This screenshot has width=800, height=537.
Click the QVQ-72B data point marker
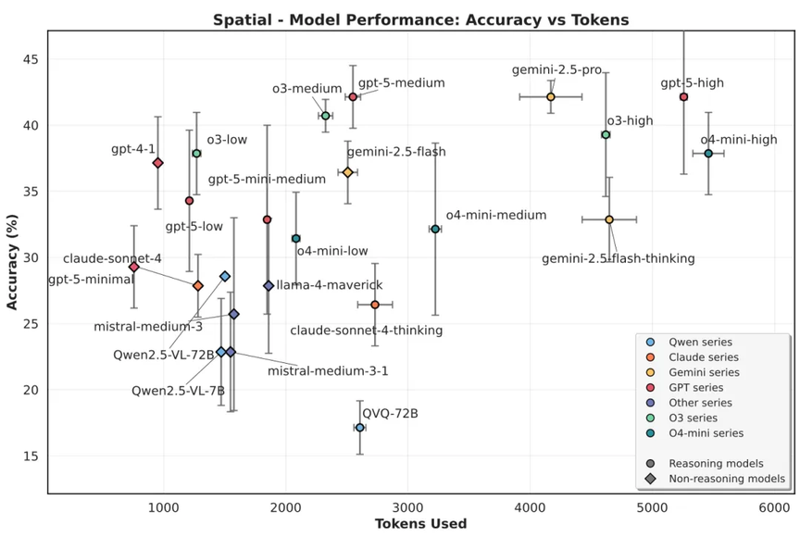click(x=359, y=427)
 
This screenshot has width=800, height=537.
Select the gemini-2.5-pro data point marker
click(x=550, y=96)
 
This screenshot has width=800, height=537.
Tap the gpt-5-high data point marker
click(x=683, y=96)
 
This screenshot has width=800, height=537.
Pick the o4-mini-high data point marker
click(x=708, y=154)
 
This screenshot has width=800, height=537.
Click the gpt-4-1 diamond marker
click(x=157, y=162)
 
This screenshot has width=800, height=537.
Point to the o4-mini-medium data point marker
click(x=435, y=229)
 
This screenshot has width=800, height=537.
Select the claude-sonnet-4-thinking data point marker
click(x=375, y=305)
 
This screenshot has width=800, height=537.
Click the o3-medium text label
click(x=306, y=89)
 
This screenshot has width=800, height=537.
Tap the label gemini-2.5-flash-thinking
click(x=618, y=258)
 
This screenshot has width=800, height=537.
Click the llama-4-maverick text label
click(x=329, y=285)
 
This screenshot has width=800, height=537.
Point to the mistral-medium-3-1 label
click(x=328, y=371)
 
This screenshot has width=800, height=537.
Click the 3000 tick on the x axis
click(x=407, y=506)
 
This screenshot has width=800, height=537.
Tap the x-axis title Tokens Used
click(x=420, y=524)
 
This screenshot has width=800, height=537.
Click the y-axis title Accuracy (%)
click(x=12, y=263)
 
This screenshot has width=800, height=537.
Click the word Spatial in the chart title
click(x=239, y=19)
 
